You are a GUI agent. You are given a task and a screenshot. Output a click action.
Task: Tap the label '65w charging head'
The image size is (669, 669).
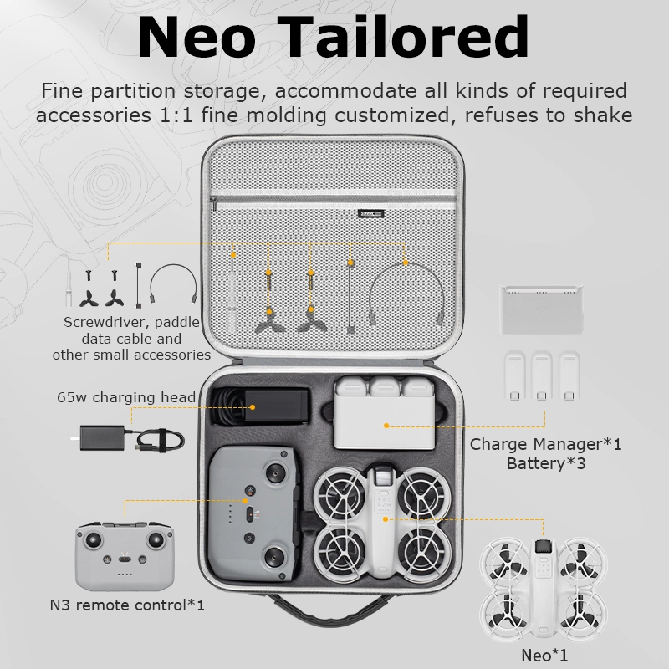click(126, 397)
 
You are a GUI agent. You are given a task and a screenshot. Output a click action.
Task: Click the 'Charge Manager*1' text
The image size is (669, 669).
click(545, 444)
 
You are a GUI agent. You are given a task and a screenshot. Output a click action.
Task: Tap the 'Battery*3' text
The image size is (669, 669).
click(545, 462)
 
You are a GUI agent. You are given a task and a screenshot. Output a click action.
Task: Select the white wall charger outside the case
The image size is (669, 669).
click(97, 438)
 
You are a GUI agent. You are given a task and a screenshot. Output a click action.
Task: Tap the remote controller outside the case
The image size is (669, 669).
click(125, 552)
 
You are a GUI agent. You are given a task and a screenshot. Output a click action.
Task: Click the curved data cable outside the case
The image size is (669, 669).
click(171, 283)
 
